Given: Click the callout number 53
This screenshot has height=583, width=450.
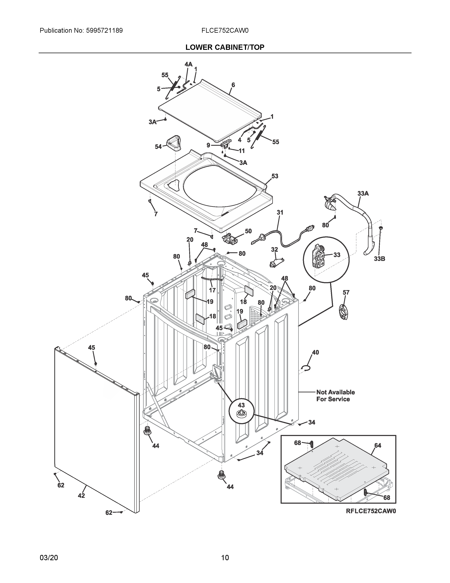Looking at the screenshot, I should [x=275, y=176].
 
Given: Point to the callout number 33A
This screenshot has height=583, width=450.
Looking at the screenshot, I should [x=363, y=193].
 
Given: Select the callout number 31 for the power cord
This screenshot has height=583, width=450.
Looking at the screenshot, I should [x=280, y=213].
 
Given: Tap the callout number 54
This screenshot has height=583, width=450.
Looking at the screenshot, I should [x=158, y=147].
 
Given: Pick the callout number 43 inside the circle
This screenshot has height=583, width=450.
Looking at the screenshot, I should [x=241, y=405].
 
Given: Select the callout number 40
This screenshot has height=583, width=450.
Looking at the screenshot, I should [x=315, y=352].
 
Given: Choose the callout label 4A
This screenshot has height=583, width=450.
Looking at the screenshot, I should [x=188, y=64].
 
